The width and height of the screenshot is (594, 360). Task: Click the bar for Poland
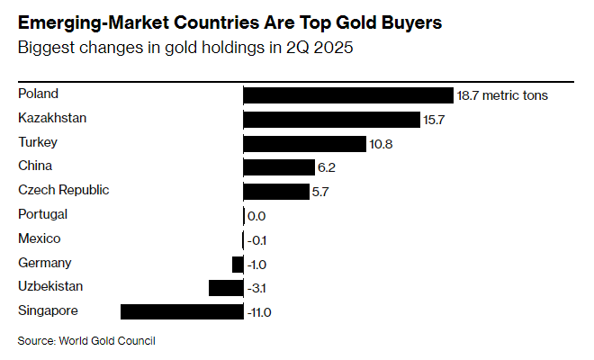(348, 95)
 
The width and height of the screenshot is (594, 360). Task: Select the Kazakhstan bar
(332, 120)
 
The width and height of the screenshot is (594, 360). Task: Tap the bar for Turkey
(305, 144)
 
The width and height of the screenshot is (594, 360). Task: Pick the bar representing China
(279, 167)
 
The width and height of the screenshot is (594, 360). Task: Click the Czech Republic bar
(276, 192)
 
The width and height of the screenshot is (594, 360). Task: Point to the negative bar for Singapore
(182, 312)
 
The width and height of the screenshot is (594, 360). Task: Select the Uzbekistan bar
(226, 288)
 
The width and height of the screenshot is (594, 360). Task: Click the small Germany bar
(238, 264)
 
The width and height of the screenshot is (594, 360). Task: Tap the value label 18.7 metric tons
(503, 95)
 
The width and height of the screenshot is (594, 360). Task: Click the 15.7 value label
(436, 120)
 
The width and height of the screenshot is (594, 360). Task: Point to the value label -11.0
(258, 312)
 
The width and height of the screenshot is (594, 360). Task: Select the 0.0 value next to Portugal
(256, 216)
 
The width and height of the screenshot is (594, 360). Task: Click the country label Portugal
(43, 214)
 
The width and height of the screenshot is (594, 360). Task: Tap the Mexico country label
(40, 238)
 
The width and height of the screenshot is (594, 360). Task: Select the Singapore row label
(48, 310)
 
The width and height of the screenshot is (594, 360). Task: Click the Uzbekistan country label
(50, 286)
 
